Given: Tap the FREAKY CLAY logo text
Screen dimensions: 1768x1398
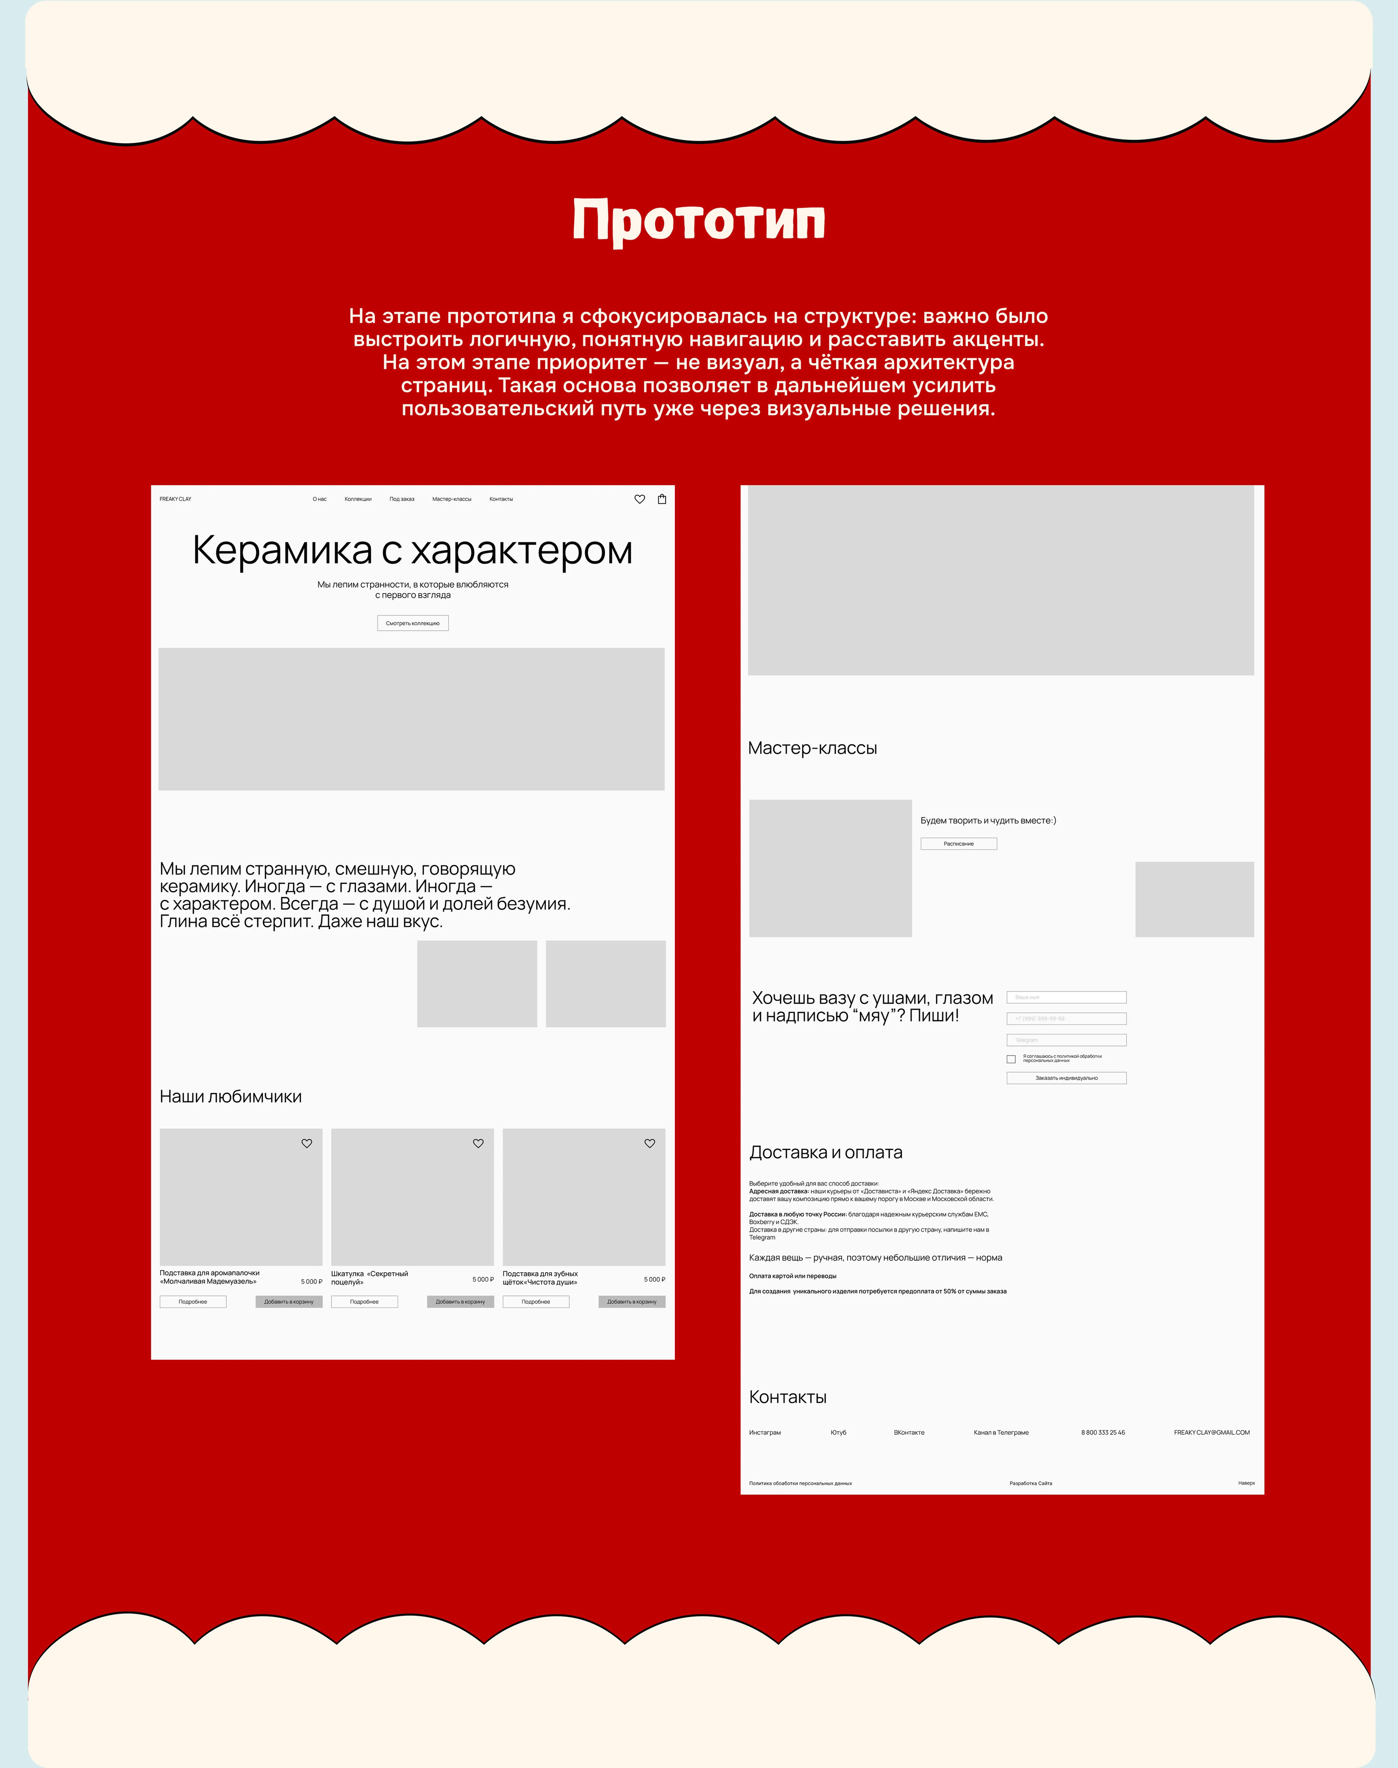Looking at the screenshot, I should click(175, 499).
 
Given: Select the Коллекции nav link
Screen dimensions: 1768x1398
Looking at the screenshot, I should click(358, 499).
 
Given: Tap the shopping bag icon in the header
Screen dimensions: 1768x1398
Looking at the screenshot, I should click(662, 499).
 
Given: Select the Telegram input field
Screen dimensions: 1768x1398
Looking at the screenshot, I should click(1066, 1040).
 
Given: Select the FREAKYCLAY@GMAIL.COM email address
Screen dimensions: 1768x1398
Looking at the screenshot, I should click(1211, 1433).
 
